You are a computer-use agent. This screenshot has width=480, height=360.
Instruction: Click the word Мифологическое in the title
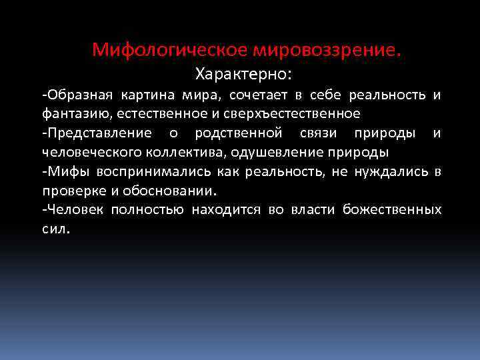coord(169,50)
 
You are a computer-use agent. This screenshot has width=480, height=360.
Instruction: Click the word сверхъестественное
coord(304,113)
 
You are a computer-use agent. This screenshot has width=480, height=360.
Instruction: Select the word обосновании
coord(174,191)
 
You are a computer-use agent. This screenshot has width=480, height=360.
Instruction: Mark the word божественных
coord(392,210)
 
